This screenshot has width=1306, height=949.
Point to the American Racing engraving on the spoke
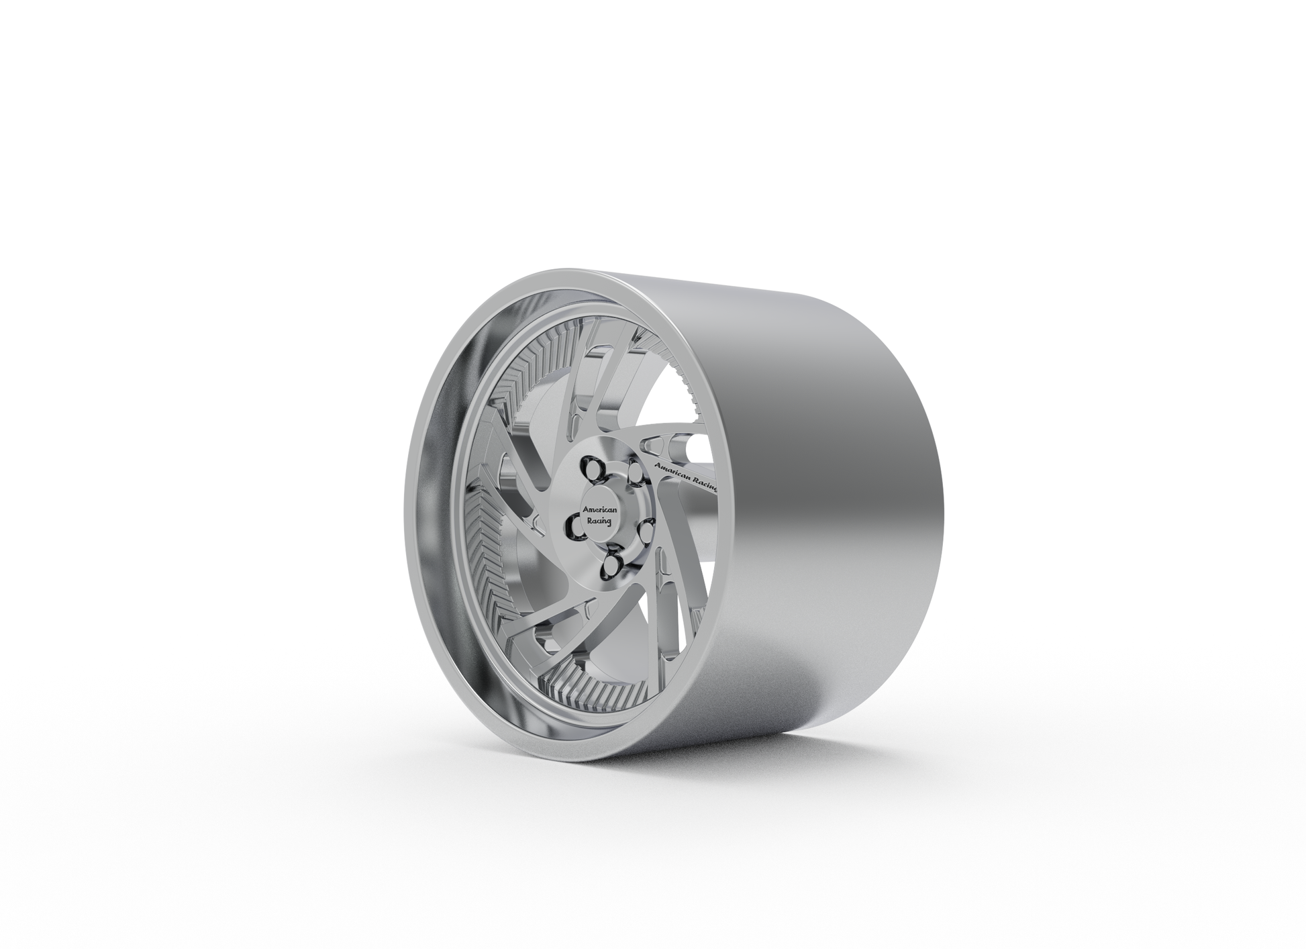(x=685, y=477)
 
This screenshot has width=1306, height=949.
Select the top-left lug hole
(x=593, y=469)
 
